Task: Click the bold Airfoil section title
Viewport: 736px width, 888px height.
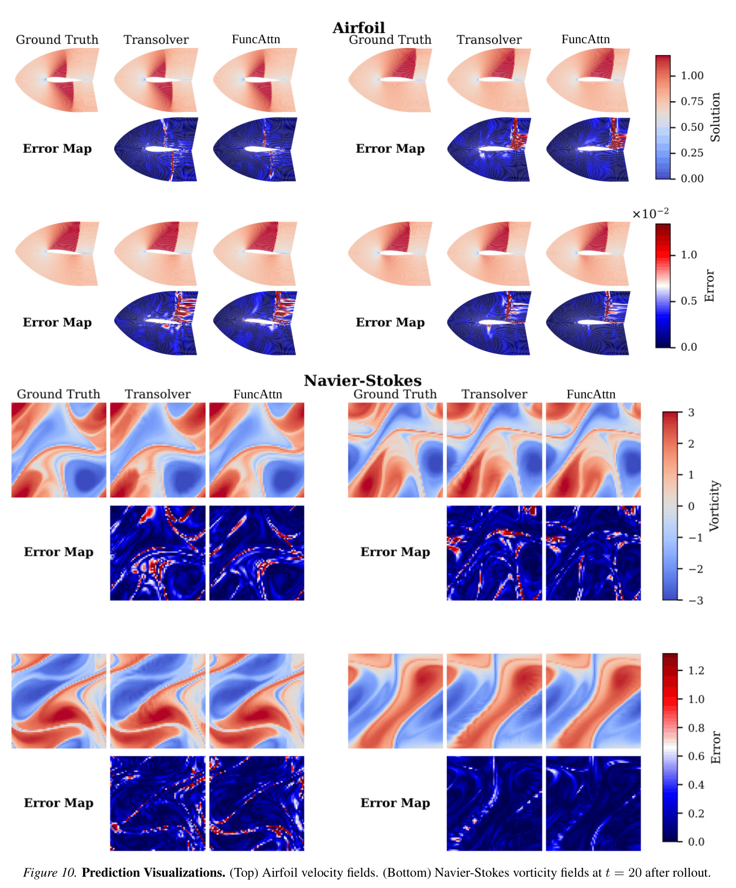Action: click(x=358, y=28)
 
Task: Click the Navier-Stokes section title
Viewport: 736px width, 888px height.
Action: click(x=363, y=381)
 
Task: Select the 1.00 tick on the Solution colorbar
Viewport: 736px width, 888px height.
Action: click(x=692, y=76)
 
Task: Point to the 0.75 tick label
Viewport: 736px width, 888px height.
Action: click(x=692, y=102)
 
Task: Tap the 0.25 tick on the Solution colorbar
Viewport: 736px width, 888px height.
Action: click(x=692, y=153)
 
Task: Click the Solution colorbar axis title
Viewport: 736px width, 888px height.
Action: click(x=715, y=117)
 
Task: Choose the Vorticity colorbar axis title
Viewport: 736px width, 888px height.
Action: click(x=714, y=506)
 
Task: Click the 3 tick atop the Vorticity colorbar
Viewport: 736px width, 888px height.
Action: click(x=691, y=413)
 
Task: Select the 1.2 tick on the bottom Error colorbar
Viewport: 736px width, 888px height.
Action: click(x=696, y=670)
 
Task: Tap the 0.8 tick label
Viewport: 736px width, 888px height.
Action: click(x=696, y=728)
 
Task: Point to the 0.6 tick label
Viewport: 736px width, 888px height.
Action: click(x=696, y=756)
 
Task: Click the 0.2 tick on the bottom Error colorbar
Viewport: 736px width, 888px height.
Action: click(x=696, y=813)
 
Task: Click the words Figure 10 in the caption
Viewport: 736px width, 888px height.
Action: click(x=50, y=873)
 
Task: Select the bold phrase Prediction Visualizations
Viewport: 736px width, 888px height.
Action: click(x=154, y=873)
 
